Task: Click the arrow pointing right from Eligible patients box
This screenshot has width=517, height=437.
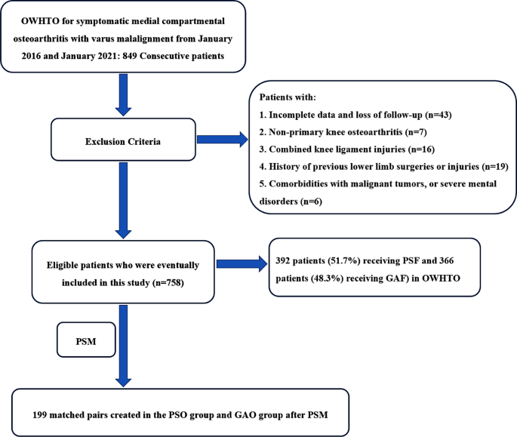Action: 240,264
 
